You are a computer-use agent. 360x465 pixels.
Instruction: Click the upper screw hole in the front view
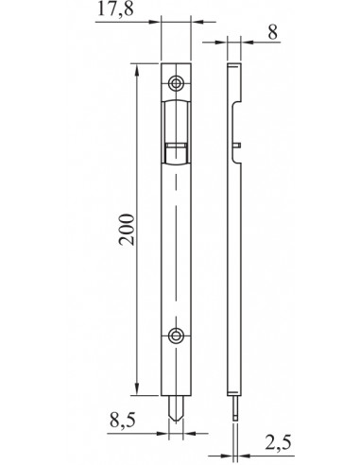177,83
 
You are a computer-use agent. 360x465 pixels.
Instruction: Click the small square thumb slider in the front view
176,148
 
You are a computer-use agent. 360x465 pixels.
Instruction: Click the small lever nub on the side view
242,145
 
